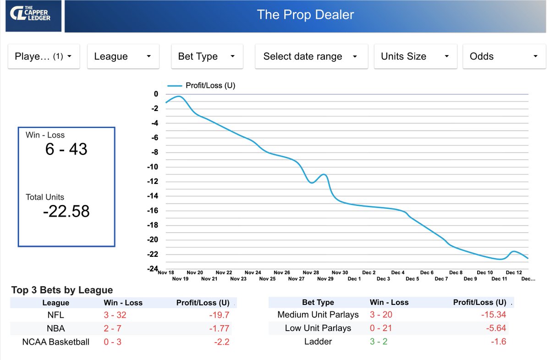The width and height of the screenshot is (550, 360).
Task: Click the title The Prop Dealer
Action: pos(305,14)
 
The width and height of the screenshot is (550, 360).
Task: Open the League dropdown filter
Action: pos(123,56)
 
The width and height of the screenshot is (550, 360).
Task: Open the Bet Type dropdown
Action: pos(207,56)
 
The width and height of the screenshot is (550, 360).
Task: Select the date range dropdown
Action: pos(311,56)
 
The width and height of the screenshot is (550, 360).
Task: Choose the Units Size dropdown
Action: pos(415,56)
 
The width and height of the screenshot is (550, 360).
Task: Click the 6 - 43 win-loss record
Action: pos(66,149)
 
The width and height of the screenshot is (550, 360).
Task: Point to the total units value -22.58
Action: pos(66,211)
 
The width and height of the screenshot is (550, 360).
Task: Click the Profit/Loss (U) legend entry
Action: pos(202,85)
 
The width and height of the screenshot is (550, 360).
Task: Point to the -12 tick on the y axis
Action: pos(152,182)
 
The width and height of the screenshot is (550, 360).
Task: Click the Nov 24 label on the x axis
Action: pos(253,272)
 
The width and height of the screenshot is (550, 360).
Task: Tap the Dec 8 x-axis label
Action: pos(456,272)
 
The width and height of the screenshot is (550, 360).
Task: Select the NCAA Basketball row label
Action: pos(55,342)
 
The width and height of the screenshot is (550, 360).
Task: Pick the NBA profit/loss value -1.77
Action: pos(219,328)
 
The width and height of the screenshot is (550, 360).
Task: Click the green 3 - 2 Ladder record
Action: pos(378,342)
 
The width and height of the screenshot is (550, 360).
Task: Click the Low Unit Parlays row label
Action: pos(318,328)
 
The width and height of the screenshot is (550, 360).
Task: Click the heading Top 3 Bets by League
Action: pos(62,290)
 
